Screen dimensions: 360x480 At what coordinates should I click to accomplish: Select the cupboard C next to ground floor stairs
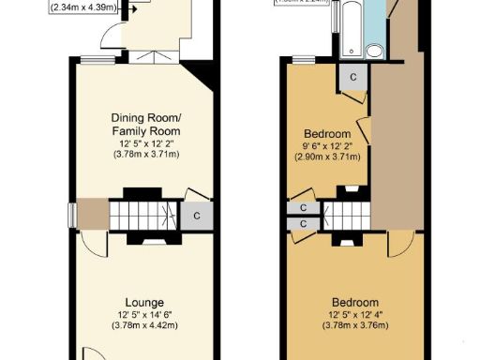[x=196, y=215]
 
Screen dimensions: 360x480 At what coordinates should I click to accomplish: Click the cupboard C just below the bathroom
[x=352, y=77]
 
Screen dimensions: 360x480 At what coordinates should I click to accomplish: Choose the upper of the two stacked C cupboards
[x=303, y=208]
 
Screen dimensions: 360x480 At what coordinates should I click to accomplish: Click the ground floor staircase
[x=143, y=216]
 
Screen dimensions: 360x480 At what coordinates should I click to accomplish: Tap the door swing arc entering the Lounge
[x=92, y=246]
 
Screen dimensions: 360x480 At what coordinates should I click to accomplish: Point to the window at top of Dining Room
[x=91, y=61]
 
